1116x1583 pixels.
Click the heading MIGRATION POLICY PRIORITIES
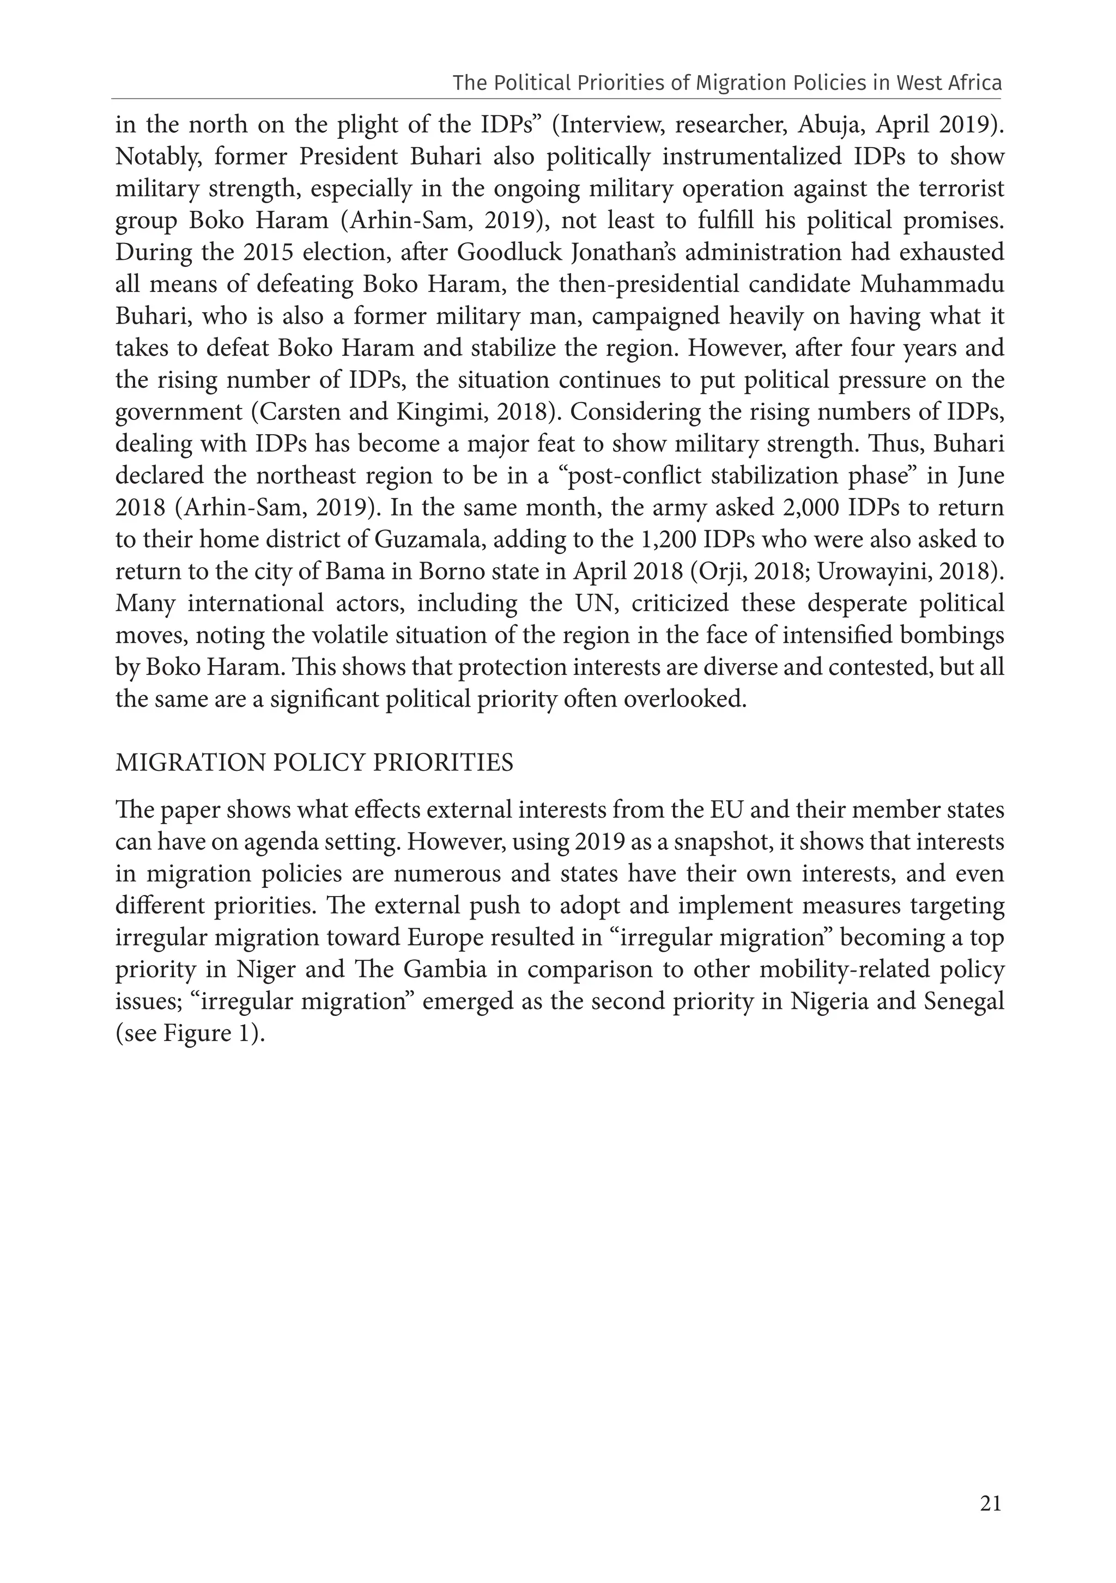[x=314, y=763]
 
